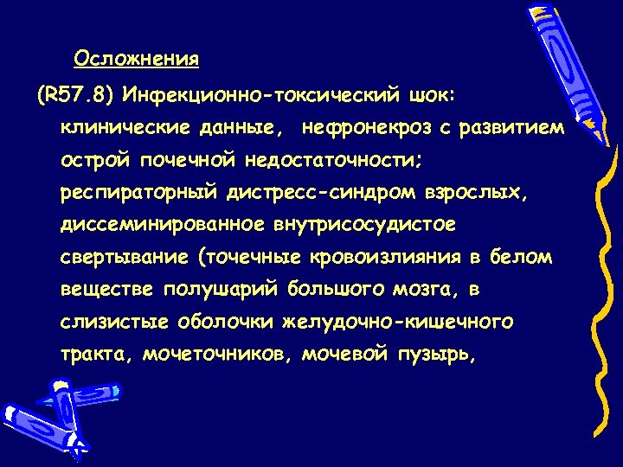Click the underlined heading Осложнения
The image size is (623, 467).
(x=137, y=59)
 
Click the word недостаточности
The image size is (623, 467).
(x=330, y=160)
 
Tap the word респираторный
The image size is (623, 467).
(x=140, y=193)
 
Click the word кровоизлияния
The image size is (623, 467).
(x=386, y=258)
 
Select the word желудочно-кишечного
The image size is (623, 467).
(x=398, y=322)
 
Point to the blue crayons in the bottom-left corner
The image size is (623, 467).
(x=43, y=415)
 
